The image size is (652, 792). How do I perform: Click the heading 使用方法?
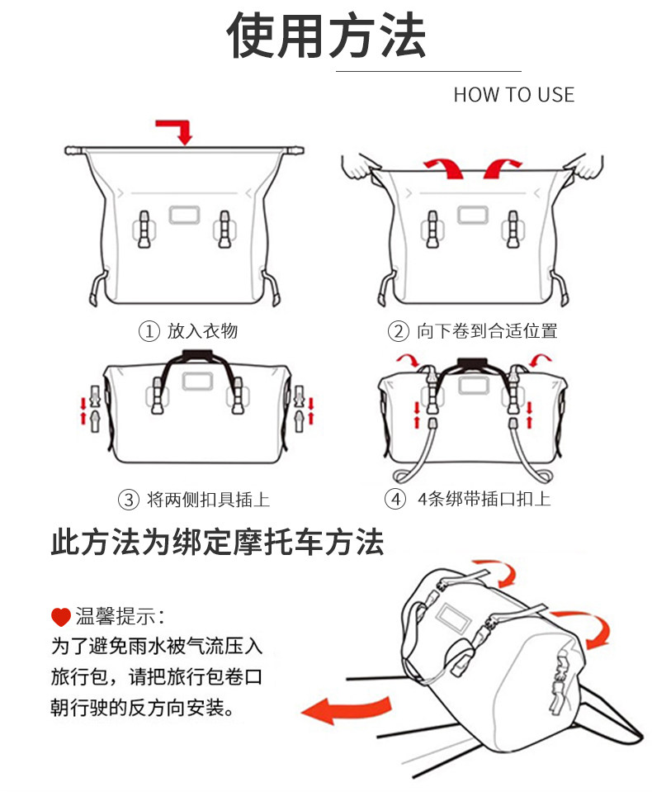click(327, 36)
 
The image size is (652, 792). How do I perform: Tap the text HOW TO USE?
click(513, 95)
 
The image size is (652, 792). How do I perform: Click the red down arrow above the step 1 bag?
click(177, 130)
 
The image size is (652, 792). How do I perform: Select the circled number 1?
click(149, 332)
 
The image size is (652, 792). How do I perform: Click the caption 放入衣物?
click(202, 332)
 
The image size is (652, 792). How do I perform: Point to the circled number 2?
click(399, 332)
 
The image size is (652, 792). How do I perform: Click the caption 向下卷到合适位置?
click(487, 332)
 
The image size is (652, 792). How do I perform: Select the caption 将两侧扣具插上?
click(208, 500)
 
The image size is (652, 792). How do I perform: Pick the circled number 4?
click(396, 500)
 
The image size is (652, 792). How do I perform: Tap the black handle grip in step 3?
click(196, 355)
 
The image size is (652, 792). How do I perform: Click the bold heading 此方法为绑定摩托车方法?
click(218, 543)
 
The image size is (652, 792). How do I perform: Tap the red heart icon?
click(60, 616)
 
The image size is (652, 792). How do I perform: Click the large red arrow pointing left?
click(345, 709)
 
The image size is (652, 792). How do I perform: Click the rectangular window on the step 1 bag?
click(184, 214)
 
